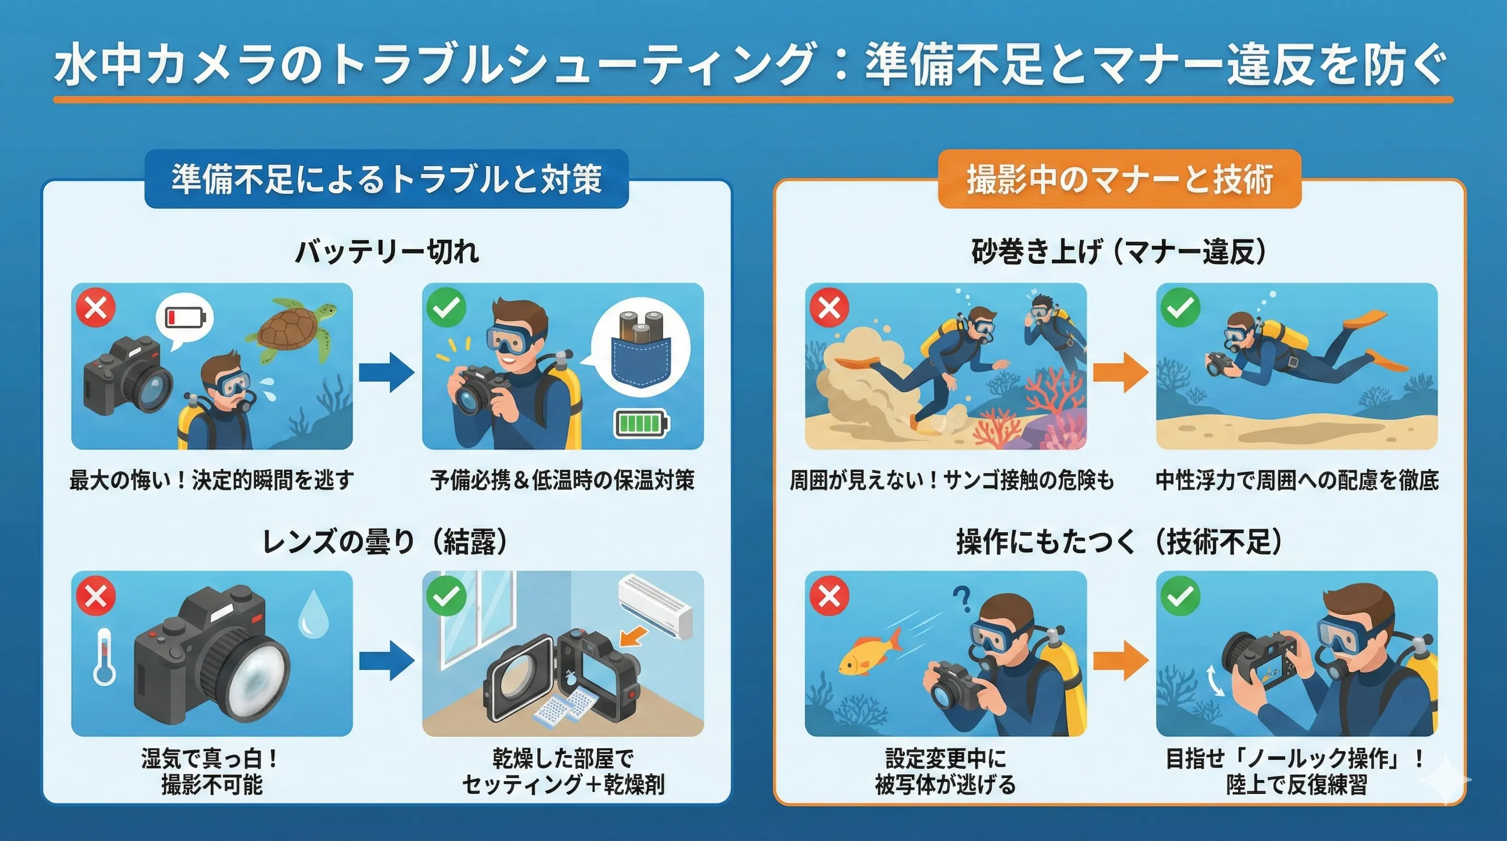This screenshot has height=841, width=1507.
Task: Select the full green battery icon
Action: coord(641,422)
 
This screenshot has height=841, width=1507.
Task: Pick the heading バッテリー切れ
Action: coord(387,252)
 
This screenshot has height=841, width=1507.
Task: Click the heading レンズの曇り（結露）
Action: coord(386,541)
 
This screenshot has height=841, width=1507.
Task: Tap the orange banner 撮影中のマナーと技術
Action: coord(1120,178)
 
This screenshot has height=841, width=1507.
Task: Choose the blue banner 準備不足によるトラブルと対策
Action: coord(387,178)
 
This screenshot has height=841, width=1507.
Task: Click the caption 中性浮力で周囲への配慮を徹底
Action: coord(1297,480)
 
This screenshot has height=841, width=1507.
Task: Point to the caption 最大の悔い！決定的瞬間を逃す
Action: coord(212,480)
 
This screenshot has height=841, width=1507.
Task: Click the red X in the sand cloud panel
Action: coord(830,307)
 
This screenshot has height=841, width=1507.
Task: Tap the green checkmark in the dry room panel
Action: coord(446,595)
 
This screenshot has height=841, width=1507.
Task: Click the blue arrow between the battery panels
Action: coord(387,372)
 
